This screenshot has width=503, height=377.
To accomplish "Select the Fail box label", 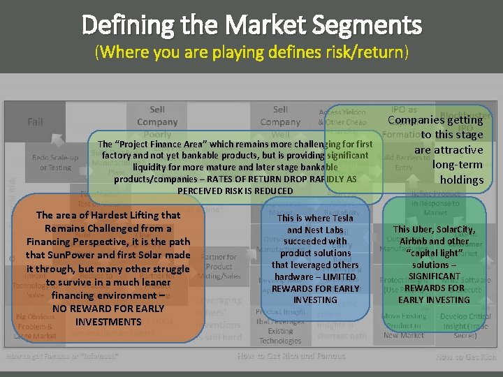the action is [x=36, y=121].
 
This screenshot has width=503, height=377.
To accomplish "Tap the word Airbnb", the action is [x=418, y=242].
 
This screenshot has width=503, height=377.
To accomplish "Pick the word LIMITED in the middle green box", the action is [x=336, y=277].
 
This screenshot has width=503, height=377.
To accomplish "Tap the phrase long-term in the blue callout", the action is [x=458, y=165].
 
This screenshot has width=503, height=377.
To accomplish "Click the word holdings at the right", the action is [x=461, y=179].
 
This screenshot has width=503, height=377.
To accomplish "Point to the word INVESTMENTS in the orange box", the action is [x=108, y=322].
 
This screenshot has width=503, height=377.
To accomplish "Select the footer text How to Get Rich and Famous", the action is [x=291, y=356].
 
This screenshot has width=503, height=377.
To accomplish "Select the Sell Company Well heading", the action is [x=280, y=121].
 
